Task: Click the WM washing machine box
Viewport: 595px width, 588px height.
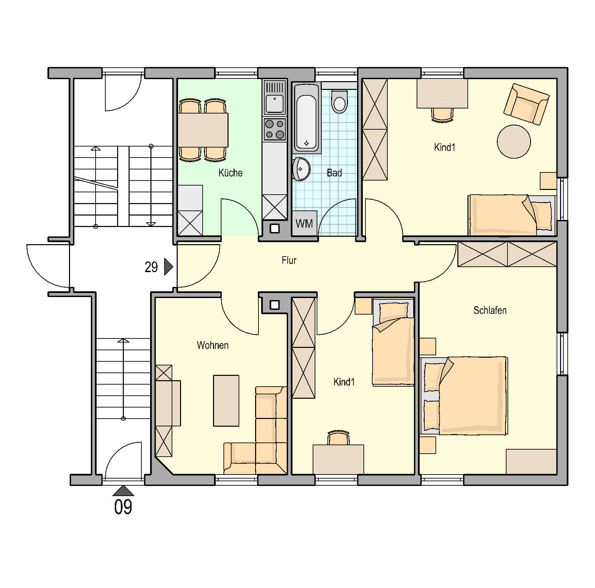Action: click(305, 223)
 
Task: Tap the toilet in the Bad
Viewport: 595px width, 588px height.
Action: click(339, 101)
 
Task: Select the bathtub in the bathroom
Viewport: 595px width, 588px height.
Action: click(306, 118)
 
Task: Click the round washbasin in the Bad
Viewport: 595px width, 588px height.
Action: click(301, 169)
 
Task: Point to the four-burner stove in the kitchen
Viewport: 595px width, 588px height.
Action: click(275, 129)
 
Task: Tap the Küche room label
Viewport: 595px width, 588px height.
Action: click(231, 173)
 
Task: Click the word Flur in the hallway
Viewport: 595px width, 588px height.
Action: click(289, 260)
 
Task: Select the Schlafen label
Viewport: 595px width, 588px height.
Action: click(490, 310)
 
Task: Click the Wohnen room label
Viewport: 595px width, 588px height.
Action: click(213, 345)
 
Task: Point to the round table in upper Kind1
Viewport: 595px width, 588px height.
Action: click(514, 142)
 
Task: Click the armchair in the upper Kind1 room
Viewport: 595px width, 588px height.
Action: click(526, 104)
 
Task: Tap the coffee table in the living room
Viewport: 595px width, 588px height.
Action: click(226, 401)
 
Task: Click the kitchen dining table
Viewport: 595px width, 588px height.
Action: click(203, 130)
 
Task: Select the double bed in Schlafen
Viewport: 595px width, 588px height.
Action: click(464, 395)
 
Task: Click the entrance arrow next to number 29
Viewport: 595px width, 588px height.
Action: click(168, 267)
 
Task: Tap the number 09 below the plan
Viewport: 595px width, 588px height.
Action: click(123, 507)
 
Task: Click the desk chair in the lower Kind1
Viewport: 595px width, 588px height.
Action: click(339, 437)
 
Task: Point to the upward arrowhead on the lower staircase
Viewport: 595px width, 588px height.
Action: click(123, 340)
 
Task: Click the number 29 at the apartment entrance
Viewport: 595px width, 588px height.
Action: click(151, 267)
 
